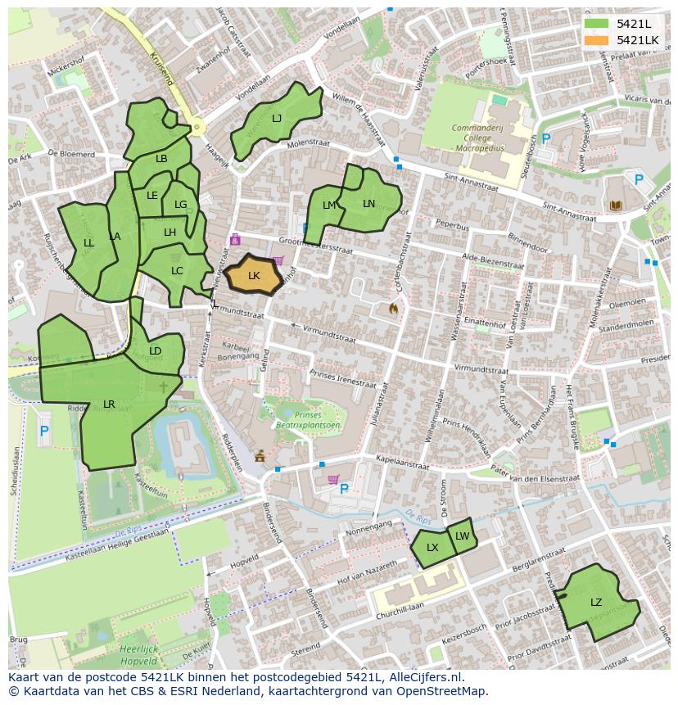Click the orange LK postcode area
click(x=254, y=276)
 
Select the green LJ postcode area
click(x=276, y=119)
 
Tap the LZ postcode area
click(x=596, y=603)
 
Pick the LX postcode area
click(x=432, y=548)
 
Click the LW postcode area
click(x=463, y=536)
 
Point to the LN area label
click(x=368, y=204)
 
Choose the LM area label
click(x=329, y=206)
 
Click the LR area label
click(x=109, y=404)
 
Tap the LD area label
click(x=155, y=351)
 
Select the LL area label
click(x=88, y=243)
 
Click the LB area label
click(x=161, y=159)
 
